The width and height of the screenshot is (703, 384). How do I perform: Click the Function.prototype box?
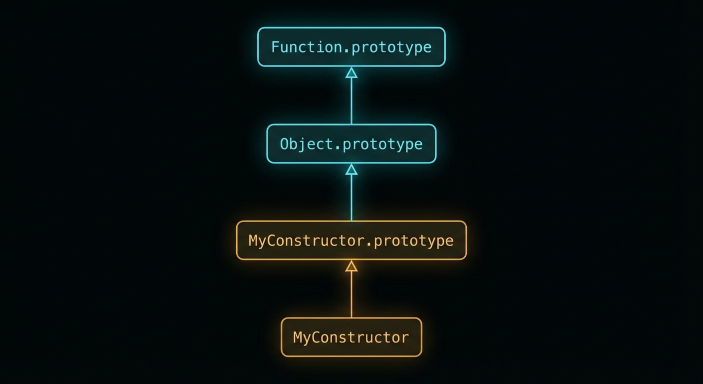[351, 47]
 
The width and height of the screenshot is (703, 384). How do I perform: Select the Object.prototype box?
[351, 144]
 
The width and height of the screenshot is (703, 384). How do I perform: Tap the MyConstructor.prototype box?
[351, 240]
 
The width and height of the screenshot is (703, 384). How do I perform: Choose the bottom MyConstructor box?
[351, 337]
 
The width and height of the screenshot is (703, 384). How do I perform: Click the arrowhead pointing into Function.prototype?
[351, 73]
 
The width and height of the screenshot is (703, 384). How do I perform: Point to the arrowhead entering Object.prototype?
[351, 169]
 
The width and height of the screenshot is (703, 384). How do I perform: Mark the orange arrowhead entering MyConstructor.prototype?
[351, 266]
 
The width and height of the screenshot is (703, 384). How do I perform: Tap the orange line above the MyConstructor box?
[351, 295]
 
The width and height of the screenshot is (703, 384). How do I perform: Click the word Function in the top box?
[296, 47]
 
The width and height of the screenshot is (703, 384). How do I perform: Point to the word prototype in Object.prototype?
[382, 144]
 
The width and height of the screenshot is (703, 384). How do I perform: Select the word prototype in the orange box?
[413, 240]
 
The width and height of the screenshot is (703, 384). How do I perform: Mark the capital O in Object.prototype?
[285, 144]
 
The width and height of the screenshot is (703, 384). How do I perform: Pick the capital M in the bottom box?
[298, 337]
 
